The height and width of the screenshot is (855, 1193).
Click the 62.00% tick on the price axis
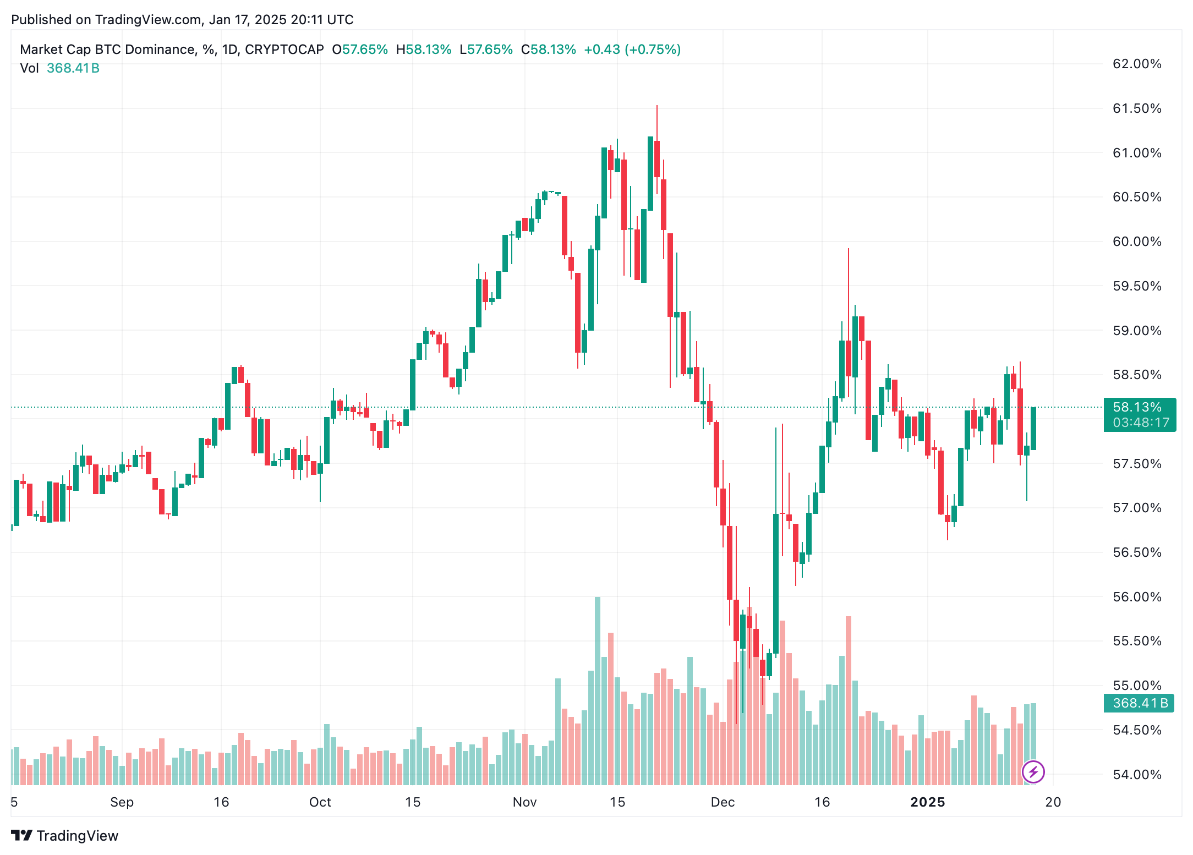(1136, 64)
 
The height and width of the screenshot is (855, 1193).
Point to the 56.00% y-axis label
(1136, 597)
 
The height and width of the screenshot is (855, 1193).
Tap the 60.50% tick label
(1136, 197)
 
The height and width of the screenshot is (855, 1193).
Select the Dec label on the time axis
(723, 802)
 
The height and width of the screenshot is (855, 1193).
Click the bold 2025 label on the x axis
(927, 802)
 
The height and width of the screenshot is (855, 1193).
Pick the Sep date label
(122, 802)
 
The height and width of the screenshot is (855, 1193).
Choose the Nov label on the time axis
(524, 802)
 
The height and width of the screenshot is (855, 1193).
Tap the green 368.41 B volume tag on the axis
(1139, 703)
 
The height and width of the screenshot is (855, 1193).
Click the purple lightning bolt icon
(1033, 772)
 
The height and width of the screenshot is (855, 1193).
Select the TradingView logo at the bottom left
(65, 836)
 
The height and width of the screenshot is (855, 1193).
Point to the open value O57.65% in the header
(360, 50)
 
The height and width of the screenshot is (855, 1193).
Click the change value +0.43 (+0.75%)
(632, 50)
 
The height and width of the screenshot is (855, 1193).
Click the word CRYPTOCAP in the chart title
(284, 50)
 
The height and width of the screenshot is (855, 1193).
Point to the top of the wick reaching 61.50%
(656, 107)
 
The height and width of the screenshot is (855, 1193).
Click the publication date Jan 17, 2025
(248, 20)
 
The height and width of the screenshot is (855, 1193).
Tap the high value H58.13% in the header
(423, 50)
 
